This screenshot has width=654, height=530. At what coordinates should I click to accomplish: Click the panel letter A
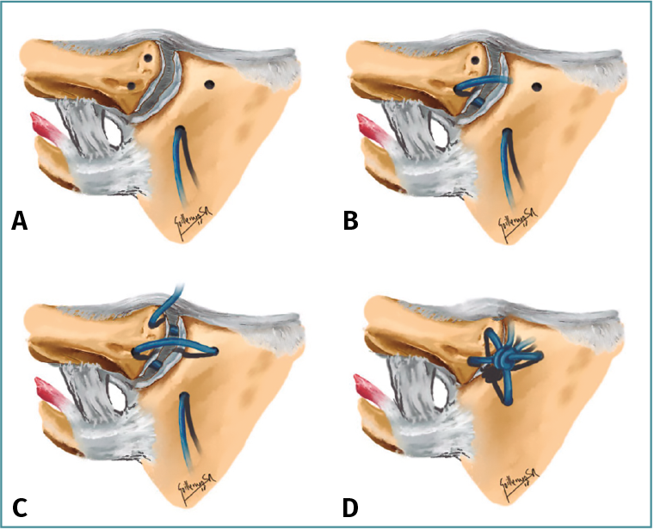(x=19, y=222)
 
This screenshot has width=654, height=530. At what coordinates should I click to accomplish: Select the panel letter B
(x=350, y=222)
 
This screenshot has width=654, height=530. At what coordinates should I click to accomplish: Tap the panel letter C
(x=19, y=507)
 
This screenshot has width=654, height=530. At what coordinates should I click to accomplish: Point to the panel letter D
(x=350, y=507)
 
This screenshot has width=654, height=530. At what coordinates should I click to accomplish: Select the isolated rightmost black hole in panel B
(x=537, y=86)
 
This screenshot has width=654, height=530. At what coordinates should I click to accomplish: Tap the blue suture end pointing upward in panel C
(x=178, y=292)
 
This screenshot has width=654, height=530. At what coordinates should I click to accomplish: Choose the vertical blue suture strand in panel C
(x=184, y=422)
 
